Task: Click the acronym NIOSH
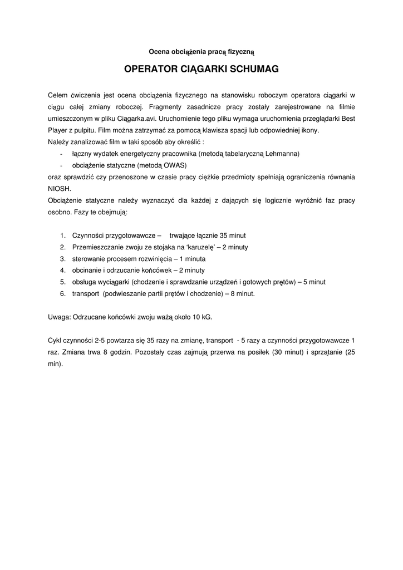point(60,188)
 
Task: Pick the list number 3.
point(63,259)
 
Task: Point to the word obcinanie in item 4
point(87,271)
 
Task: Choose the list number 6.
point(63,293)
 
